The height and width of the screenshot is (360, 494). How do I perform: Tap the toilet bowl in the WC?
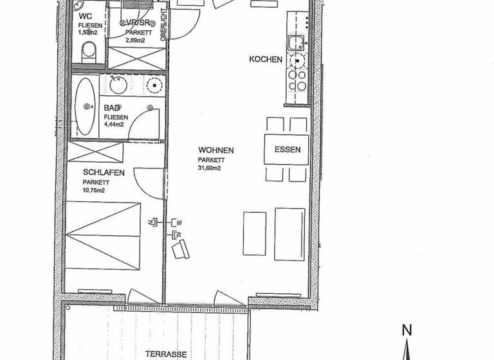(89, 50)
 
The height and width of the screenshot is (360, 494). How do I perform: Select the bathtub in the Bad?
(85, 106)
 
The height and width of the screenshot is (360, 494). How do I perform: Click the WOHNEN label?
(215, 150)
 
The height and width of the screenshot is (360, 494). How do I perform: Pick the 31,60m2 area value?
(210, 168)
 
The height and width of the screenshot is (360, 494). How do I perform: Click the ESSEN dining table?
(287, 150)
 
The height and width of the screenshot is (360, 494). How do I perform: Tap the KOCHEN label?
(266, 60)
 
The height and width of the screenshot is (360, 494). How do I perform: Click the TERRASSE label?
(166, 354)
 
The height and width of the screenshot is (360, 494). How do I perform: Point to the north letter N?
(406, 330)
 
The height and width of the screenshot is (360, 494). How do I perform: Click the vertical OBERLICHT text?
(165, 24)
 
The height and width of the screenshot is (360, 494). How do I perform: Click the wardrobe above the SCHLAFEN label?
(96, 152)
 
